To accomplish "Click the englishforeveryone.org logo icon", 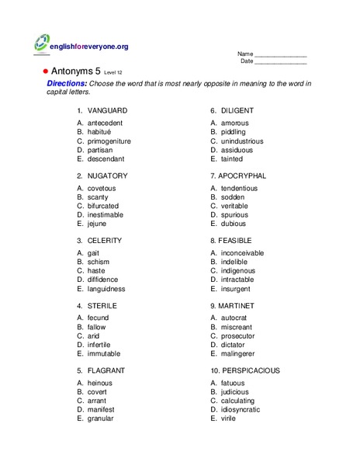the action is tap(43, 45).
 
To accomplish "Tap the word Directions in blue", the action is tap(67, 82).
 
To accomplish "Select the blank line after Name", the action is tap(281, 54).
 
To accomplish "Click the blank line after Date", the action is tap(281, 61).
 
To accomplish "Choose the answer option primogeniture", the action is tap(109, 141).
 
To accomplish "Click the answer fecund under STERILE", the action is tap(99, 318).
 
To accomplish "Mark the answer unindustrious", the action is tap(242, 141).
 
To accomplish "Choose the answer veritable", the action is tap(237, 207).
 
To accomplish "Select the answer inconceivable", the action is tap(242, 253).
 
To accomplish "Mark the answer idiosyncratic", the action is tap(241, 409).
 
